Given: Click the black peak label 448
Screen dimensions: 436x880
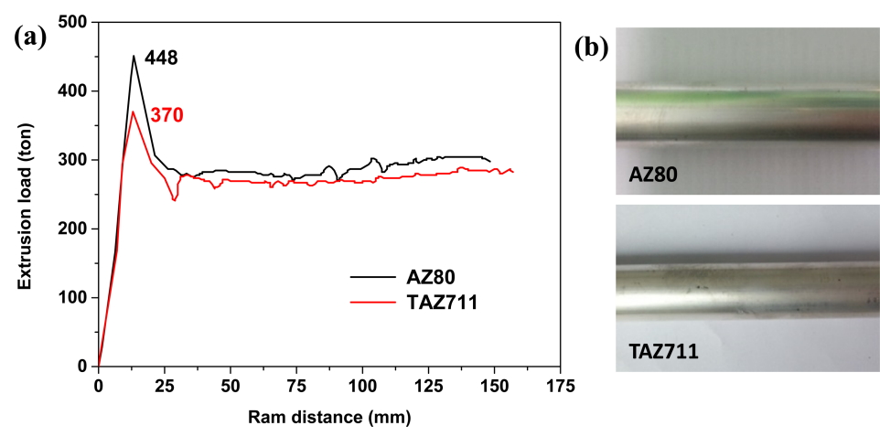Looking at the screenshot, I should pos(161,58).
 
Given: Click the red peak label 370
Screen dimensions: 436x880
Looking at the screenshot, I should pos(167,115).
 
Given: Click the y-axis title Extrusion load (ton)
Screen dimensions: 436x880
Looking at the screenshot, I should pos(25,194).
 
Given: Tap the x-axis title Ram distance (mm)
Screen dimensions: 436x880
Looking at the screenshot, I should pos(329,419).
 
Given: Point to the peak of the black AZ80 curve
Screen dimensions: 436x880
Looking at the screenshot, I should pos(134,57).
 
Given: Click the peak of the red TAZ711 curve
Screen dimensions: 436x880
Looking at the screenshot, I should pos(133,112).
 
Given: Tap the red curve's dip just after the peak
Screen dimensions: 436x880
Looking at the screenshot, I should pos(174,199).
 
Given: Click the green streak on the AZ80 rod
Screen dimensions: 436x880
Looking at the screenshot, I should pos(723,97).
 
